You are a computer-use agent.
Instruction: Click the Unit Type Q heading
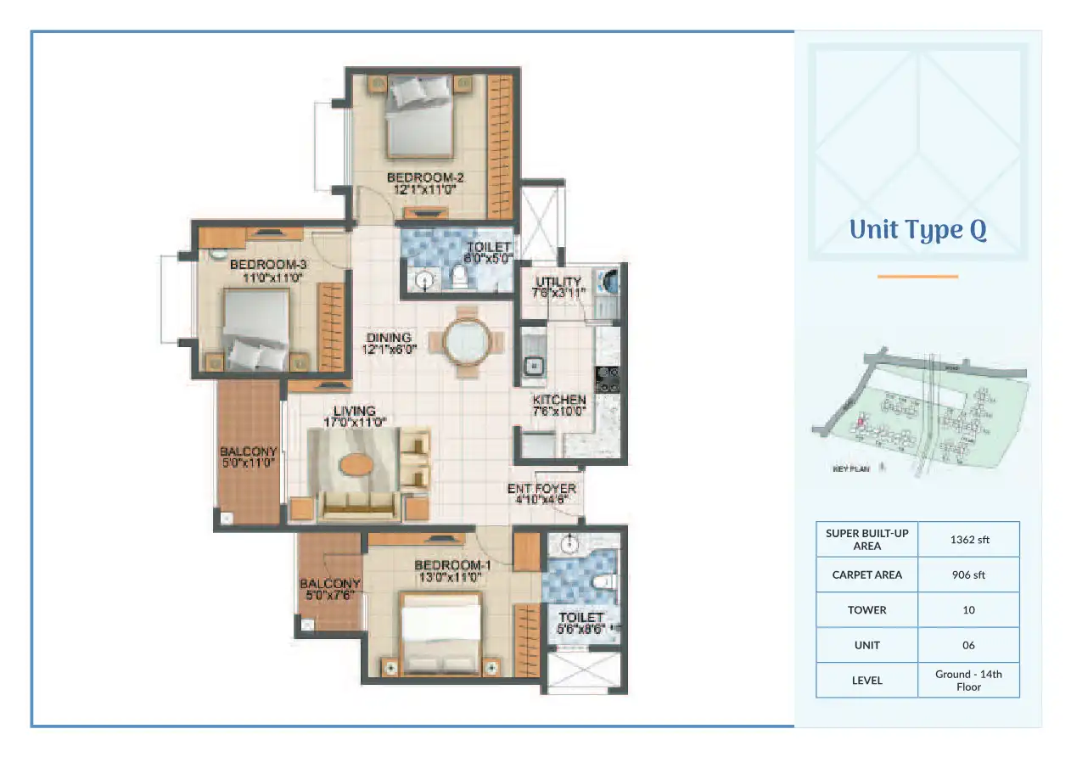917,231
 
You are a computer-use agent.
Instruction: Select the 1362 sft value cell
968,540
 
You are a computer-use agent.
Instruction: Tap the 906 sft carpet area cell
968,575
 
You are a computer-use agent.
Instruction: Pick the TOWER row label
866,609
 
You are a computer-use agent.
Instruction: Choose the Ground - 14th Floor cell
968,680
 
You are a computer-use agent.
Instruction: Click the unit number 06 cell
968,645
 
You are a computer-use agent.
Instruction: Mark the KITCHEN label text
559,405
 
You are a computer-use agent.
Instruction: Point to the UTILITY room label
558,287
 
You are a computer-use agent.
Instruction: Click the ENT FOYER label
541,493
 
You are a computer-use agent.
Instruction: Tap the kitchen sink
535,366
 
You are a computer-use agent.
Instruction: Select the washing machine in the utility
607,281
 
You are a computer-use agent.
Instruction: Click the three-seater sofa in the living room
356,505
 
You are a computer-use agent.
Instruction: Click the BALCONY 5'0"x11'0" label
248,457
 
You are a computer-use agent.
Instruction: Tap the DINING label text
389,342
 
